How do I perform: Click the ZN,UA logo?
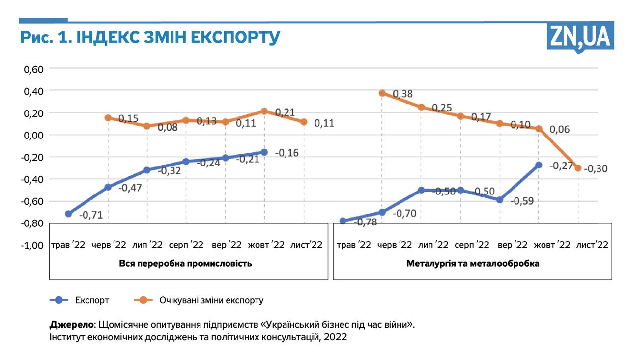[580, 36]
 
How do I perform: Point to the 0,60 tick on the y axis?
[34, 69]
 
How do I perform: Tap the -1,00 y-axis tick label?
[33, 245]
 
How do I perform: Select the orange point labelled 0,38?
[382, 93]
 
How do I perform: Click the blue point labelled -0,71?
[68, 214]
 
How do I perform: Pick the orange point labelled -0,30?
[578, 168]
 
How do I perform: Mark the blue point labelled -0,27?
[539, 165]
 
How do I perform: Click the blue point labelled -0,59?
[500, 200]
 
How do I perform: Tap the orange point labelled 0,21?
[264, 111]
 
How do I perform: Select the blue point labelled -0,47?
[108, 187]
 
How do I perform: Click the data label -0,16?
[287, 153]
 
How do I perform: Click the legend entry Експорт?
[92, 300]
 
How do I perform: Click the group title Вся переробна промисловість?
[186, 264]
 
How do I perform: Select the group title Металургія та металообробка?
[473, 264]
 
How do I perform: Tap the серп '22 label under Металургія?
[472, 245]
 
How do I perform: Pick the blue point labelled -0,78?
[343, 221]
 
